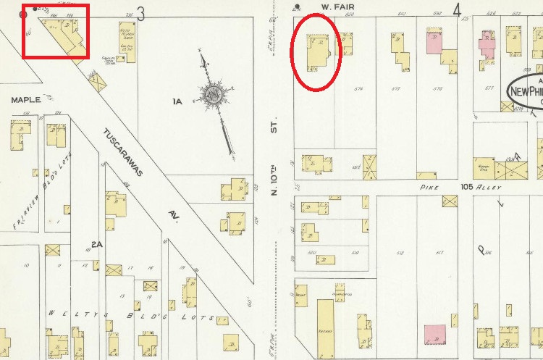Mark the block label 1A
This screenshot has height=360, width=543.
[177, 102]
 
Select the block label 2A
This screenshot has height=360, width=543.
[96, 245]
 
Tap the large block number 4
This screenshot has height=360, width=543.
[457, 10]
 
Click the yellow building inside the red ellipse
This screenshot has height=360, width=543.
[316, 54]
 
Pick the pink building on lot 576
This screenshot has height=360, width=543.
[434, 43]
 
